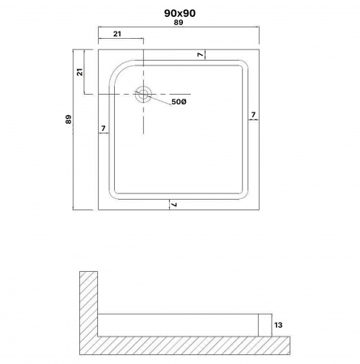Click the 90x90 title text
[180, 13]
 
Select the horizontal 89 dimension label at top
[179, 23]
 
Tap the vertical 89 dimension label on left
[69, 119]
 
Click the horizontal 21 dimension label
[117, 34]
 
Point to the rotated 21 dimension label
[80, 72]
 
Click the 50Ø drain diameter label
[179, 102]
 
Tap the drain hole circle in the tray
[143, 95]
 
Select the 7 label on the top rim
[200, 55]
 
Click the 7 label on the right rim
[253, 115]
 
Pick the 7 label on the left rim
[104, 129]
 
